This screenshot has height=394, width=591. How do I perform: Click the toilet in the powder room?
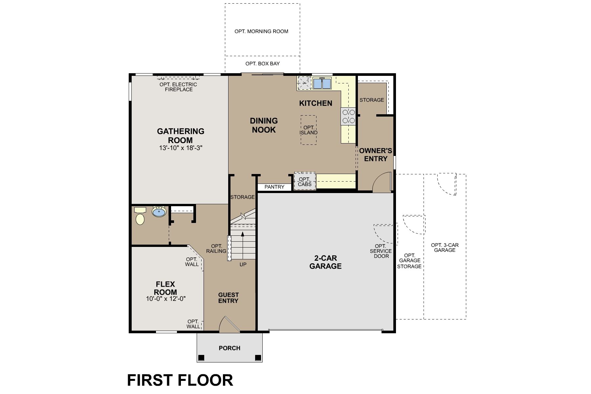(x=140, y=218)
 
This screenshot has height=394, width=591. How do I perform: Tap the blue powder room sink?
(x=159, y=212)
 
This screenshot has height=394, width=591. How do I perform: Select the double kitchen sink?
(x=322, y=84)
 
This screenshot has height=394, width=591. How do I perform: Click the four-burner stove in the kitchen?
(x=348, y=116)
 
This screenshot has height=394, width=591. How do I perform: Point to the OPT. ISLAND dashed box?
(x=309, y=130)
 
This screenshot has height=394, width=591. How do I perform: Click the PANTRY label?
(x=274, y=187)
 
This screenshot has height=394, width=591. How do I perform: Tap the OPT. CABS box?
(x=305, y=182)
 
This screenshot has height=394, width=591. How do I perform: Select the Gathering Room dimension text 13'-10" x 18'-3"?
(x=181, y=148)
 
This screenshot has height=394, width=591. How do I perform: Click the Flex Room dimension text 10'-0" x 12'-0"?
(x=166, y=299)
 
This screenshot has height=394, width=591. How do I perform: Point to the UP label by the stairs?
(x=243, y=264)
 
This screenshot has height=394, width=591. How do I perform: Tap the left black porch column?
(x=201, y=358)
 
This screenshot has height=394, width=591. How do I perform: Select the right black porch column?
(x=258, y=358)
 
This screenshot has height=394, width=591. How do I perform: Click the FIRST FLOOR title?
(x=180, y=380)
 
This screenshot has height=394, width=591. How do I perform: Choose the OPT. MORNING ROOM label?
(x=261, y=32)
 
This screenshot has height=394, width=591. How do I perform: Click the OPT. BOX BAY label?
(x=262, y=64)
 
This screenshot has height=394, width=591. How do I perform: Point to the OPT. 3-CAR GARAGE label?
(x=445, y=248)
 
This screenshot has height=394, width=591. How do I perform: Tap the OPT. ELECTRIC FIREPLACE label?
(x=178, y=87)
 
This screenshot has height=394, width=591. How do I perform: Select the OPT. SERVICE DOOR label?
(x=381, y=251)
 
